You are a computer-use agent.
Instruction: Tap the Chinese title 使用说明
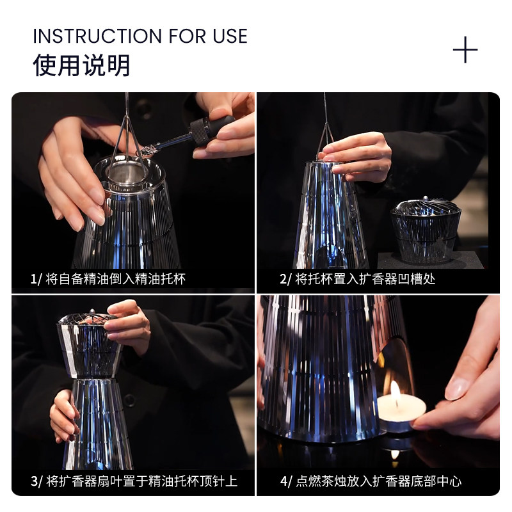(x=81, y=65)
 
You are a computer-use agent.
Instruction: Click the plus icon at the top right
(x=465, y=50)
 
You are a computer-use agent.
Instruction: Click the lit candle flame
(x=395, y=391)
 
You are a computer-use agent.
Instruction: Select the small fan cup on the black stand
(x=426, y=230)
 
